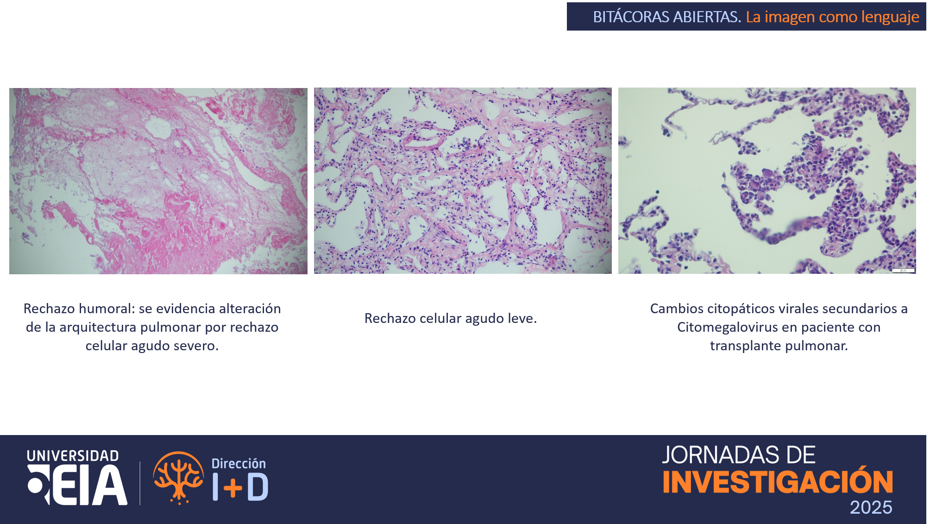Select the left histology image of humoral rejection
pyautogui.click(x=158, y=181)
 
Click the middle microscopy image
pyautogui.click(x=463, y=181)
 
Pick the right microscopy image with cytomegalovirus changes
pyautogui.click(x=767, y=181)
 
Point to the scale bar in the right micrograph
pyautogui.click(x=903, y=270)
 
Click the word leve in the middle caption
pyautogui.click(x=522, y=318)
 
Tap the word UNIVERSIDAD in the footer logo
pyautogui.click(x=73, y=456)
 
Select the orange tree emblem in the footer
pyautogui.click(x=179, y=478)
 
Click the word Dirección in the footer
pyautogui.click(x=239, y=463)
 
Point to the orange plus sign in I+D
pyautogui.click(x=232, y=488)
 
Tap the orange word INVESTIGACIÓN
pyautogui.click(x=778, y=481)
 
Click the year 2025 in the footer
pyautogui.click(x=871, y=508)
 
